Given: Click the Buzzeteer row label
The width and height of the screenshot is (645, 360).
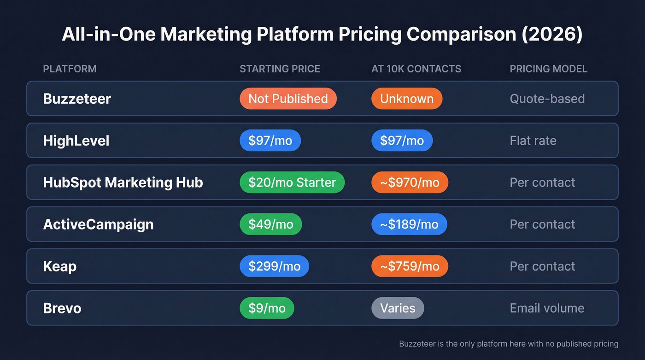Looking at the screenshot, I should [77, 99].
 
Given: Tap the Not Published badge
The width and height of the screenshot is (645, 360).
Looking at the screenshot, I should [288, 99].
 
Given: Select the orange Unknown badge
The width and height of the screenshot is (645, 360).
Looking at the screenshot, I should [406, 99].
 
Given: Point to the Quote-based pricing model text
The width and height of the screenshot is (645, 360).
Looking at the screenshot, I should [547, 99].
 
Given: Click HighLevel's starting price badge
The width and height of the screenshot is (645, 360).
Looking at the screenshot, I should [270, 141].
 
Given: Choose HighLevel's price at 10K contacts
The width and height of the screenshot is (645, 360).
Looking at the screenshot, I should [402, 141].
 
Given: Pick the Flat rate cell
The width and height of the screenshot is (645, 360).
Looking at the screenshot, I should [533, 141].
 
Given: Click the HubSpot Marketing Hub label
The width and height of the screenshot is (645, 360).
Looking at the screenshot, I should [123, 183].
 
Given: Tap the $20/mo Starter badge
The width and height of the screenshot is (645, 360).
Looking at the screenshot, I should [292, 183].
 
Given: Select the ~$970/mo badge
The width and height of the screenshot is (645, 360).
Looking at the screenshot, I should [410, 183].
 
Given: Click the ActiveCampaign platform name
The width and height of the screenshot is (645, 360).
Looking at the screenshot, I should [98, 224].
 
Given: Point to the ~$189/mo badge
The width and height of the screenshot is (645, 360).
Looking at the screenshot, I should [409, 224].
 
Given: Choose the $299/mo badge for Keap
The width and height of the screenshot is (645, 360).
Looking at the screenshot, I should [274, 266].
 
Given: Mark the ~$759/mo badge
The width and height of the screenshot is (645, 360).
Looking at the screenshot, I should [410, 266].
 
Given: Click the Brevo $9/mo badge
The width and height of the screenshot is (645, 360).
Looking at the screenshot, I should [267, 308].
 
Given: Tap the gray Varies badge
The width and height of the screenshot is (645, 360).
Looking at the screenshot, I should [398, 308].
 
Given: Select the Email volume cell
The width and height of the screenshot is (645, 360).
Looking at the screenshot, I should [547, 308].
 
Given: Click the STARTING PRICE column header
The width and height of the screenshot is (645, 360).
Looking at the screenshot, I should [280, 69].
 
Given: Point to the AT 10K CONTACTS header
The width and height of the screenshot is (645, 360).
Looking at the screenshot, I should [416, 69].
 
